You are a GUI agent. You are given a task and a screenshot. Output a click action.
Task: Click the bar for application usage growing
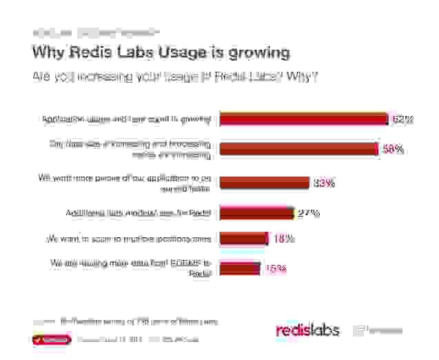click(303, 119)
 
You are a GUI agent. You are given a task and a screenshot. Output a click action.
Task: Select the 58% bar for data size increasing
click(298, 149)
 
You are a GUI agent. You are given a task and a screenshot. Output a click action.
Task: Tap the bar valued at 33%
click(264, 183)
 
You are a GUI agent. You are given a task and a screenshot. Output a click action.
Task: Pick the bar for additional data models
click(256, 212)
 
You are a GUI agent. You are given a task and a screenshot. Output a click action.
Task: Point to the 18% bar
click(243, 239)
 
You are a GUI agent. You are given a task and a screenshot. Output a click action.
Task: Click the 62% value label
click(402, 119)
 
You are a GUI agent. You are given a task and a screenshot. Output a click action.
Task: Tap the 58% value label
click(393, 149)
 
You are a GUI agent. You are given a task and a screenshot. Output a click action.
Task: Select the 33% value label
click(324, 183)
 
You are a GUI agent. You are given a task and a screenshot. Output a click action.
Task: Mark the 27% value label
click(309, 212)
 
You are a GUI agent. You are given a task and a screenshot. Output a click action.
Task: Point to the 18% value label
click(284, 239)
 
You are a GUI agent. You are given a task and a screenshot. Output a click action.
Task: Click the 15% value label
click(276, 268)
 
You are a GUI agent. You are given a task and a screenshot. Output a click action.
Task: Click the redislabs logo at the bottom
click(307, 330)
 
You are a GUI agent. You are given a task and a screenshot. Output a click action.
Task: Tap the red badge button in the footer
click(51, 339)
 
